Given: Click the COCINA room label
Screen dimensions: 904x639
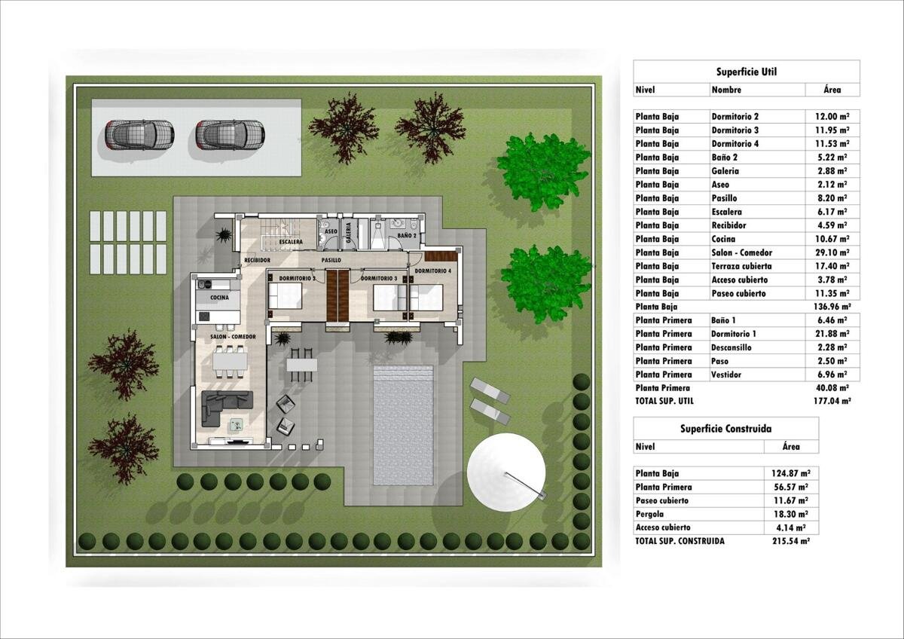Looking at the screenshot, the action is (x=219, y=298).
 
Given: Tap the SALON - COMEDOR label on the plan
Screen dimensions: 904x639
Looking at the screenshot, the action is (x=233, y=337).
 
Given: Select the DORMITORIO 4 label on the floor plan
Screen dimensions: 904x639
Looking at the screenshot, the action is (x=433, y=271).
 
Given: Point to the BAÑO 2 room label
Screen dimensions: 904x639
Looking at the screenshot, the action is (x=407, y=235).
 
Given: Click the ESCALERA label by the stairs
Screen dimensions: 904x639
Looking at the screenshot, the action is (x=291, y=242).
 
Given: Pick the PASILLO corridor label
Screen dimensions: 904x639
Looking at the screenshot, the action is (x=331, y=261).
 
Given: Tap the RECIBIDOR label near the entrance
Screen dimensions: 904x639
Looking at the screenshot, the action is (x=257, y=261).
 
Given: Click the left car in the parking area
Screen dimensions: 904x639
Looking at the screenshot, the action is (x=139, y=135).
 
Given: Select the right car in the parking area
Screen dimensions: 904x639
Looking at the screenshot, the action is (x=231, y=135).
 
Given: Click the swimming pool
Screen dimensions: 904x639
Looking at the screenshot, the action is (x=403, y=426).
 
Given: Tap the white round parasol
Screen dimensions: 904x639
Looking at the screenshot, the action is (x=506, y=472).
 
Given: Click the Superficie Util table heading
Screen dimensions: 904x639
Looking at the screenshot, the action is (x=747, y=72).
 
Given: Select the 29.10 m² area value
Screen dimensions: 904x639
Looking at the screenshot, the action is (x=832, y=252).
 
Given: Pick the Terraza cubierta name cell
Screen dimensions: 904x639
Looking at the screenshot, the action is (x=742, y=267).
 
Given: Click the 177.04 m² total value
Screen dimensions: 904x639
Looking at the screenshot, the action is (x=832, y=401).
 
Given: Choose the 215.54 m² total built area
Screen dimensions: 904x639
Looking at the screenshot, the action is (x=791, y=541).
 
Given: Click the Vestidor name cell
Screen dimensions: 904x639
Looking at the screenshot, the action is (x=726, y=375).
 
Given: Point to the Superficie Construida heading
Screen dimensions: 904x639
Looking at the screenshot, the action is (x=726, y=429).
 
